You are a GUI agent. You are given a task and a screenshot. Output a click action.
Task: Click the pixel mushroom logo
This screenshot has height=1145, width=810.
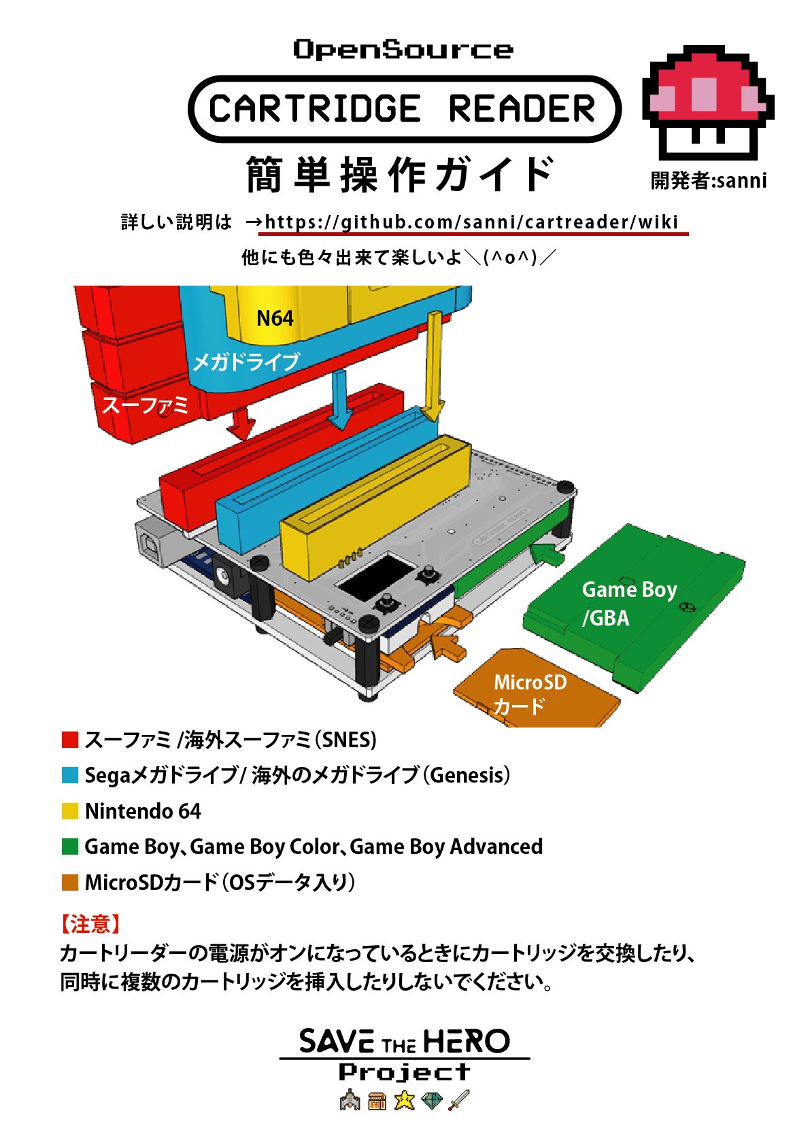pyautogui.click(x=707, y=102)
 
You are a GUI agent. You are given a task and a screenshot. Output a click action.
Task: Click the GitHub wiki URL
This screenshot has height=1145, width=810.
pyautogui.click(x=471, y=222)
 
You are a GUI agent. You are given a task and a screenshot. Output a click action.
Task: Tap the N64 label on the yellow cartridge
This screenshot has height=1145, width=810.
pyautogui.click(x=275, y=318)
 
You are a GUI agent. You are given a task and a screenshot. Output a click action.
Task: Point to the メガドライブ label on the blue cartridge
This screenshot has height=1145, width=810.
pyautogui.click(x=246, y=362)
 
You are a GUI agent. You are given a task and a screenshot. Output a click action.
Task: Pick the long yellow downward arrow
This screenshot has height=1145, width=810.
pyautogui.click(x=433, y=367)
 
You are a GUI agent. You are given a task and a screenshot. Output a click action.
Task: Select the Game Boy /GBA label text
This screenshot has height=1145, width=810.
pyautogui.click(x=629, y=603)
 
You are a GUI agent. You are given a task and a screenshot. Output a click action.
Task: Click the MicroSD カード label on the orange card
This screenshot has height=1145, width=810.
pyautogui.click(x=530, y=694)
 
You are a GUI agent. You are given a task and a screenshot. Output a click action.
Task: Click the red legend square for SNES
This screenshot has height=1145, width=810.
pyautogui.click(x=70, y=740)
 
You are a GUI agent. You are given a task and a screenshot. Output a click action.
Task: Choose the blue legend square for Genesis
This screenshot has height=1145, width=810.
pyautogui.click(x=70, y=775)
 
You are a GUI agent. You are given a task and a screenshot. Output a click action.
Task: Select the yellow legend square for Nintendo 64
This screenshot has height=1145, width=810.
pyautogui.click(x=70, y=811)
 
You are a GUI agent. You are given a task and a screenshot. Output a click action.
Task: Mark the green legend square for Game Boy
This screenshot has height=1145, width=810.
pyautogui.click(x=70, y=847)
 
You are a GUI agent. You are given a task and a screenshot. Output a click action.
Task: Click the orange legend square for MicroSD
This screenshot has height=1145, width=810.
pyautogui.click(x=70, y=883)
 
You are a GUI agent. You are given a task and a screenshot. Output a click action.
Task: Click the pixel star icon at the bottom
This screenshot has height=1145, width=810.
pyautogui.click(x=405, y=1099)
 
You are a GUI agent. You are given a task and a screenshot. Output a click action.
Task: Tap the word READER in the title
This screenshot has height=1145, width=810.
pyautogui.click(x=522, y=109)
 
